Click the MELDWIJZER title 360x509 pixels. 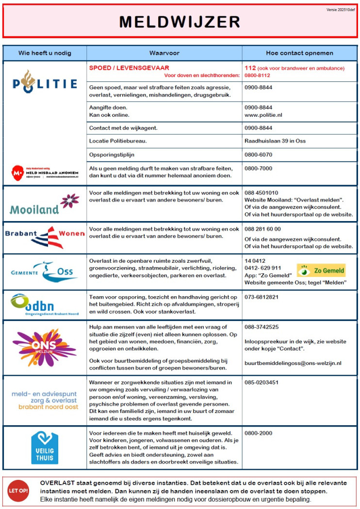(180, 22)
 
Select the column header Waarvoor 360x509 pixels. (164, 52)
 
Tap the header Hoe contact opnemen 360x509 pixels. (299, 52)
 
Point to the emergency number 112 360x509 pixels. (250, 68)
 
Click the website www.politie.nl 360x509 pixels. (263, 115)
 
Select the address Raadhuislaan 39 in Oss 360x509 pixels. (275, 141)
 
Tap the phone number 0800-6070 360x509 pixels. (259, 154)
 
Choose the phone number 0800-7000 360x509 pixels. (259, 168)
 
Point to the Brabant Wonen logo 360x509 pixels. (45, 237)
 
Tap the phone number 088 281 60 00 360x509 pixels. (263, 229)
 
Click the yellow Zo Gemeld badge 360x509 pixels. (321, 270)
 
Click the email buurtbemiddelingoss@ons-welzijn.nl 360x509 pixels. (293, 363)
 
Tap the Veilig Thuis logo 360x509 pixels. (45, 447)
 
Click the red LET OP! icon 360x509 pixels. (18, 491)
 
